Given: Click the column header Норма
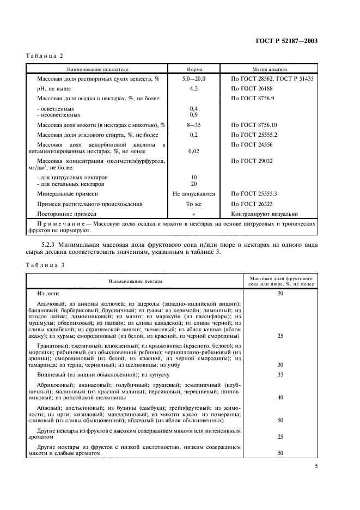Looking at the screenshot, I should (x=194, y=70).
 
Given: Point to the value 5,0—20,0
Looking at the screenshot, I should (x=194, y=79).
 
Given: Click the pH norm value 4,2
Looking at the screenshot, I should (x=193, y=88).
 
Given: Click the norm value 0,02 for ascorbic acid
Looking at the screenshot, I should (x=193, y=152).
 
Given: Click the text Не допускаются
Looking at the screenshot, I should (x=194, y=193).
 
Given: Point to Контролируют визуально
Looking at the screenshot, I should (x=265, y=214).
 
